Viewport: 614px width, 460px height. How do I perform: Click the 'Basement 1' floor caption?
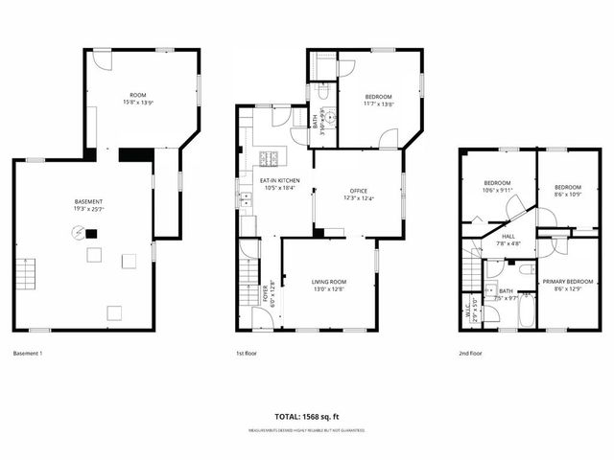pos(28,353)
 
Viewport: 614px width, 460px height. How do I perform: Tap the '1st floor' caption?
pos(248,353)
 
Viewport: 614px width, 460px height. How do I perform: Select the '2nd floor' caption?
pos(470,353)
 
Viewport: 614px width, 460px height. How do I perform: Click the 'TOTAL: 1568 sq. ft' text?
pos(307,418)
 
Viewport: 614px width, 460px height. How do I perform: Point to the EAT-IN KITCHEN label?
pos(279,180)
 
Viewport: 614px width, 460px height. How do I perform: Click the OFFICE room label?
pos(359,191)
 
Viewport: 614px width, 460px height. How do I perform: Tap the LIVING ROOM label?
pos(328,281)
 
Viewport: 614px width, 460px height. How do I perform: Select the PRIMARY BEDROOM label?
pos(562,282)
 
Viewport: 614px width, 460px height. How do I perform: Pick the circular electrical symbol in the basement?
pos(77,230)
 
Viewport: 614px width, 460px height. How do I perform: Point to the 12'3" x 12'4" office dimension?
pos(359,198)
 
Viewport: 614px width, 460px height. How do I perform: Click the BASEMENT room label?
pos(88,201)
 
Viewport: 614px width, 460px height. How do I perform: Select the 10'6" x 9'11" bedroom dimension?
pos(499,191)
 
